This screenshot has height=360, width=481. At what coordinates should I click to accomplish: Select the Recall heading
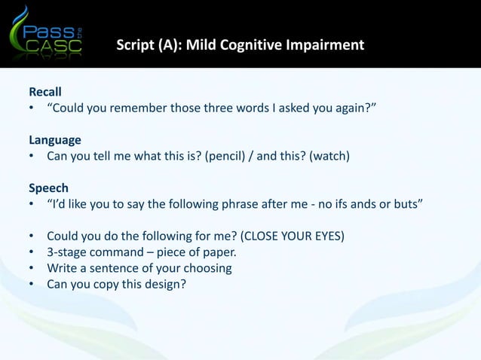[45, 93]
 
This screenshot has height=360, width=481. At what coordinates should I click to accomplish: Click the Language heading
[55, 140]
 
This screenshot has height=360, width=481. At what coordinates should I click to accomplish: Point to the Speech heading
[48, 188]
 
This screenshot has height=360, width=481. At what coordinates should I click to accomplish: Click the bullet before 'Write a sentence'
[32, 268]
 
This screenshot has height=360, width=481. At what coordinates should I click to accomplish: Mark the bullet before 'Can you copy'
[32, 284]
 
